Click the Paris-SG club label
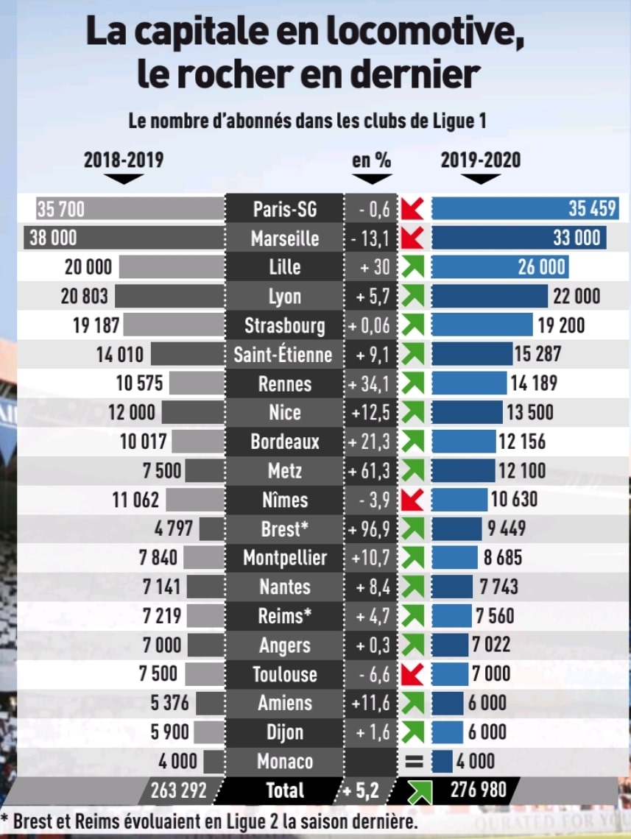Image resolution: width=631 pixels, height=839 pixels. (284, 209)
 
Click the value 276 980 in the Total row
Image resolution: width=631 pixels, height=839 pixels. (479, 790)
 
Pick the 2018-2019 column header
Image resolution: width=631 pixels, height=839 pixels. (124, 160)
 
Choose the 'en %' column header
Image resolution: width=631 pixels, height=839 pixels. (371, 160)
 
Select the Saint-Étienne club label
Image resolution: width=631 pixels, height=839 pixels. (283, 355)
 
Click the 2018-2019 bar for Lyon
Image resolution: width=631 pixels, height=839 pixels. (169, 296)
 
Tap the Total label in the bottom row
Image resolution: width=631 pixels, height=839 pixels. (284, 790)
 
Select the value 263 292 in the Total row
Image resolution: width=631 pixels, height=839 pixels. (179, 790)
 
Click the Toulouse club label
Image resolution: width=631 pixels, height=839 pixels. (284, 674)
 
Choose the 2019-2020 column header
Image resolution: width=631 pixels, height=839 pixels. (480, 160)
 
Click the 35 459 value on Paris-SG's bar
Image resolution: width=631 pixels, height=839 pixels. (592, 209)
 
